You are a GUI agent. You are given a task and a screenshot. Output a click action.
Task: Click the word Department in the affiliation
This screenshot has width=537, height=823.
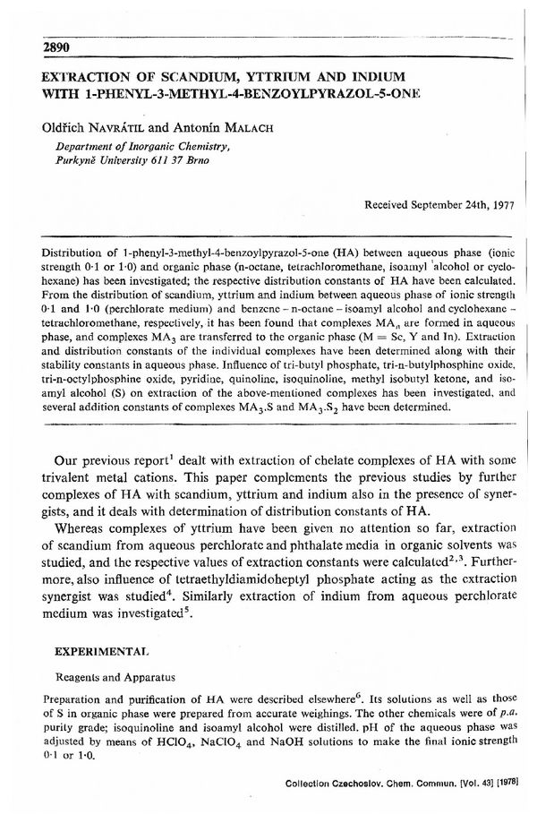click(x=88, y=143)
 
